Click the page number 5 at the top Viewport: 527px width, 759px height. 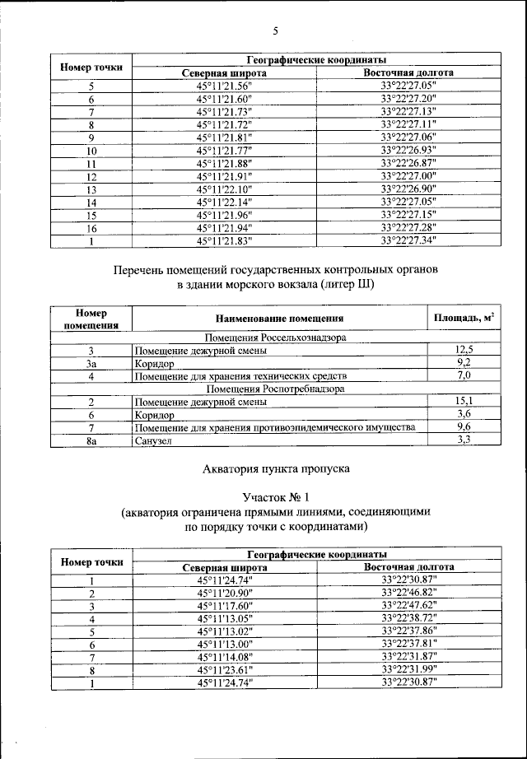[276, 31]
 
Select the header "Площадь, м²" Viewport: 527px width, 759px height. [464, 318]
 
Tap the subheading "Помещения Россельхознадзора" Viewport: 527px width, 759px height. [276, 338]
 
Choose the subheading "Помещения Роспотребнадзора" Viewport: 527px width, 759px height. [276, 388]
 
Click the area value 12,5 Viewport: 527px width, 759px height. [464, 351]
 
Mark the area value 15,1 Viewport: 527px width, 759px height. [464, 402]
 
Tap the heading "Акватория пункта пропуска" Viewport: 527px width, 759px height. [276, 469]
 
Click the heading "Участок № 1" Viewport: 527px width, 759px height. [276, 497]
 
